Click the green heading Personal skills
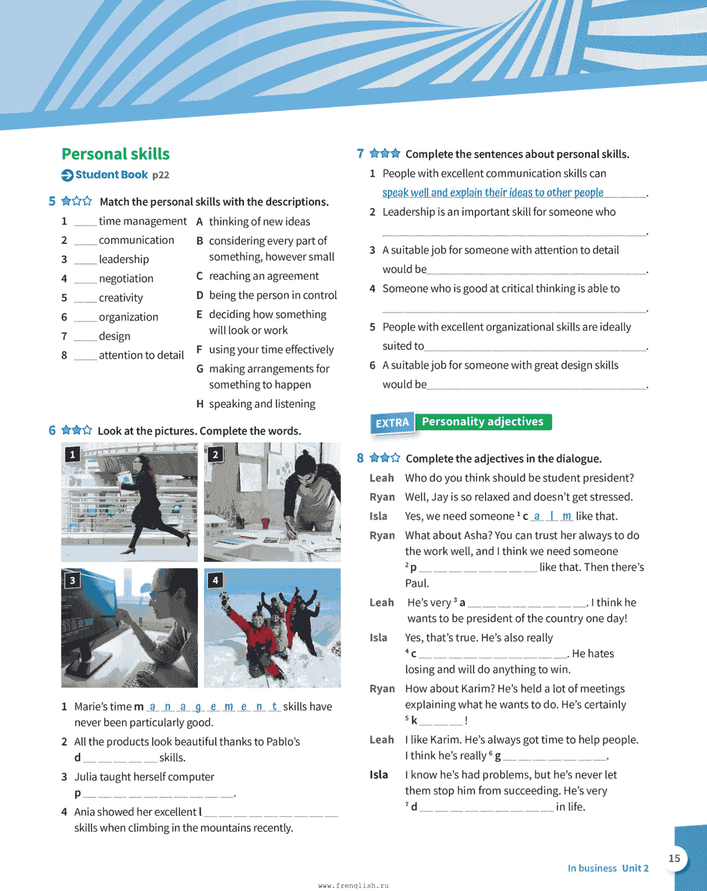[115, 154]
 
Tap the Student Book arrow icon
[68, 175]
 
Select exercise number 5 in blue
[52, 202]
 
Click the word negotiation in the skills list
[126, 279]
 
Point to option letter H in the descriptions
[200, 404]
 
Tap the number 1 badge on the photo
[72, 454]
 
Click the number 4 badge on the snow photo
[216, 580]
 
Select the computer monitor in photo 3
[94, 619]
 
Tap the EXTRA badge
[392, 423]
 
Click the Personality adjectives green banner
[483, 422]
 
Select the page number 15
[675, 859]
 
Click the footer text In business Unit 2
[608, 868]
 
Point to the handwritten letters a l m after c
[551, 516]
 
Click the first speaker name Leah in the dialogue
[382, 478]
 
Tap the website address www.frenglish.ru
[353, 885]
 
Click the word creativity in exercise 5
[121, 298]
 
